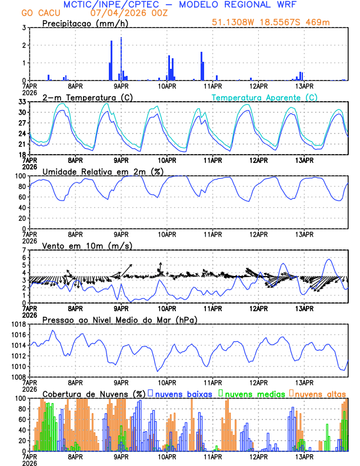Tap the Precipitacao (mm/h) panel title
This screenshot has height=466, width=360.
click(x=85, y=23)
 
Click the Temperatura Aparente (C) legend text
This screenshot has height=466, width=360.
click(x=264, y=97)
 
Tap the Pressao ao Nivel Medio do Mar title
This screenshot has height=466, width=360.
click(x=119, y=319)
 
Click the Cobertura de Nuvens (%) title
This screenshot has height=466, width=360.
click(x=94, y=394)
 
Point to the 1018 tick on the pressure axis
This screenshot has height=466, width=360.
click(x=18, y=324)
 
